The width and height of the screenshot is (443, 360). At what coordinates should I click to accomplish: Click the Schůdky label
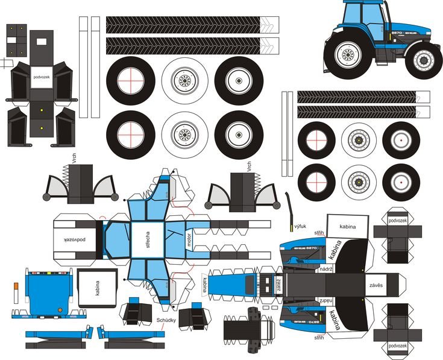[166, 320]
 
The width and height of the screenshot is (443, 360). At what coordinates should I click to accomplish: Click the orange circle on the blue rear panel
[60, 311]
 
